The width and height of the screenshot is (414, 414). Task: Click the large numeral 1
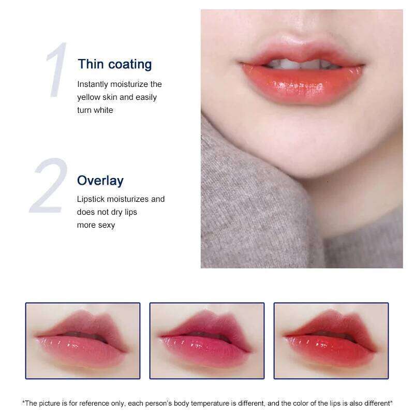56,71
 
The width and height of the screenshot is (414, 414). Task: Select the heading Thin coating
114,64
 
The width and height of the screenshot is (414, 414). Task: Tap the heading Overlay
100,181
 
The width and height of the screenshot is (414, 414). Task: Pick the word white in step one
103,110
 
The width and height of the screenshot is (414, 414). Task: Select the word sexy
106,225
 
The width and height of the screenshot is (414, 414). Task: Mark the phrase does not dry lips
107,212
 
